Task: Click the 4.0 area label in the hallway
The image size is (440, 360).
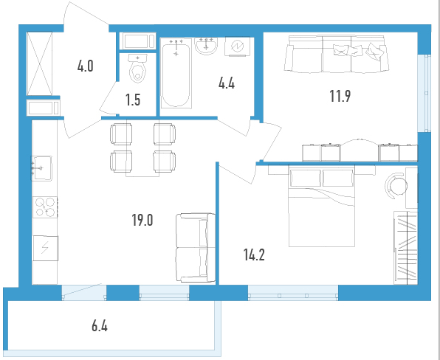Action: tap(86, 66)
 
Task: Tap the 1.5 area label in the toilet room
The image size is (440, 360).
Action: tap(133, 100)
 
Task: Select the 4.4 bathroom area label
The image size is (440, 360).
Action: tap(227, 83)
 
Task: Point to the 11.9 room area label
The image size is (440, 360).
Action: tap(340, 96)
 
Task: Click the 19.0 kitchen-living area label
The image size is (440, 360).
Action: tap(142, 220)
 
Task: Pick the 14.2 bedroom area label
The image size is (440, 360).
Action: tap(254, 255)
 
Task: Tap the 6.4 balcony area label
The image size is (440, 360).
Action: tap(100, 326)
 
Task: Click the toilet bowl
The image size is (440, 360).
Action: tap(137, 69)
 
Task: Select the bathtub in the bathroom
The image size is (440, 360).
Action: tap(176, 73)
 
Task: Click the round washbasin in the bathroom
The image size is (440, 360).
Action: tap(206, 46)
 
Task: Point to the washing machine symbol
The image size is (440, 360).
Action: tap(238, 46)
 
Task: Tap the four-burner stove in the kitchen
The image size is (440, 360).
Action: tap(45, 207)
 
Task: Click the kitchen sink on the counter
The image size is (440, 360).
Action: tap(41, 168)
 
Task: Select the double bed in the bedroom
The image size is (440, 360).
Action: tap(322, 207)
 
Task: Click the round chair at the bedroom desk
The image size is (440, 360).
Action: tap(396, 185)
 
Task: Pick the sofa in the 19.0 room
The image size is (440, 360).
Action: tap(196, 248)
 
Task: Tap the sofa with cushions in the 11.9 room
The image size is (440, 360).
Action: tap(337, 54)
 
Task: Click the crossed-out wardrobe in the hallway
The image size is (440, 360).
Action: tap(40, 63)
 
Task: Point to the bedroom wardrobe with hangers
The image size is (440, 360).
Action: tap(406, 248)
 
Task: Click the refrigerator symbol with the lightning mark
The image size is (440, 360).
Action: tap(45, 248)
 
